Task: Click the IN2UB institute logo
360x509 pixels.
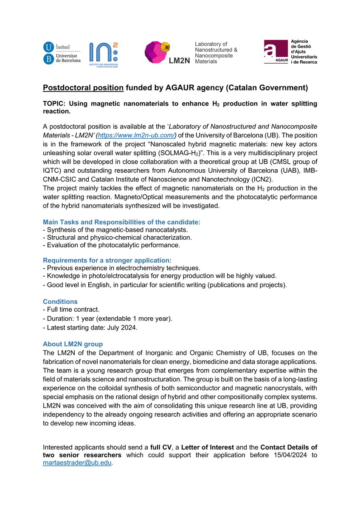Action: (x=104, y=54)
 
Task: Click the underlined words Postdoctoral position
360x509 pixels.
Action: (x=83, y=88)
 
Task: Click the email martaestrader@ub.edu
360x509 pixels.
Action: (x=77, y=464)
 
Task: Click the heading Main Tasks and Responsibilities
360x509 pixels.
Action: (x=121, y=222)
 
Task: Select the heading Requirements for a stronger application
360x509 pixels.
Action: (x=107, y=260)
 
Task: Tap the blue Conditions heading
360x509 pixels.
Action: (x=60, y=302)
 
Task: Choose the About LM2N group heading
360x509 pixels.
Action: (x=73, y=344)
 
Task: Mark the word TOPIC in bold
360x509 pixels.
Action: (x=54, y=104)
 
